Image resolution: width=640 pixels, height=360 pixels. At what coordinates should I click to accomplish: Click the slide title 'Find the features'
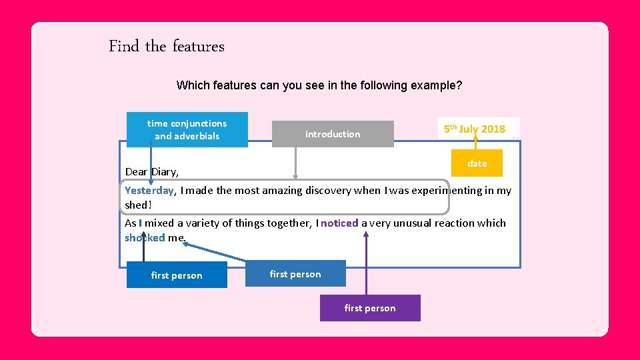point(167,47)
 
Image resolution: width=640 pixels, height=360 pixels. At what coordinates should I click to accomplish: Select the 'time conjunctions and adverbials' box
point(187,129)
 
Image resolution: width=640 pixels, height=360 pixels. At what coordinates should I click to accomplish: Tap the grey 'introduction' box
point(333,134)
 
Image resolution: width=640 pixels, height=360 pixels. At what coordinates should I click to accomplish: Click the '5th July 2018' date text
point(475,129)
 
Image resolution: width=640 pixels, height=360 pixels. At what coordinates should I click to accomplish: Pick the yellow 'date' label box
point(477,163)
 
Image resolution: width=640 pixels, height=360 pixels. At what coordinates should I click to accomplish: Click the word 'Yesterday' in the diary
point(149,190)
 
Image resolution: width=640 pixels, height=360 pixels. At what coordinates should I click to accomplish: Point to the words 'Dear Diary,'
point(152,171)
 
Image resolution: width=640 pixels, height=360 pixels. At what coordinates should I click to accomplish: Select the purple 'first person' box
point(370,308)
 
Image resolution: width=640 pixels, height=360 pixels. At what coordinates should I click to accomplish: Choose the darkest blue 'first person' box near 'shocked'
point(177,275)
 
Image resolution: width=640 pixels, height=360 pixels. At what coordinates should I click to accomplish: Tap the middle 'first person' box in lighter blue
point(295,274)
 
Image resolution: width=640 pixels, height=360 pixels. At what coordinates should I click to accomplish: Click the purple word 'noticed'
point(339,223)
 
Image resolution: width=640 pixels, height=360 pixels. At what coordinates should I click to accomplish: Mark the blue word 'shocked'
point(144,237)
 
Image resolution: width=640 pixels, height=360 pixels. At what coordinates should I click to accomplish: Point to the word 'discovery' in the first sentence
point(328,190)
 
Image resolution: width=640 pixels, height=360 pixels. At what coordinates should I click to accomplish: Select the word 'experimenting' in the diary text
point(450,190)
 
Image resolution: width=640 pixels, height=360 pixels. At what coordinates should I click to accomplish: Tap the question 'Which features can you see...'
point(319,85)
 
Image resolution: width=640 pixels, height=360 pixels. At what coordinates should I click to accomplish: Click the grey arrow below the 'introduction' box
point(295,163)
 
